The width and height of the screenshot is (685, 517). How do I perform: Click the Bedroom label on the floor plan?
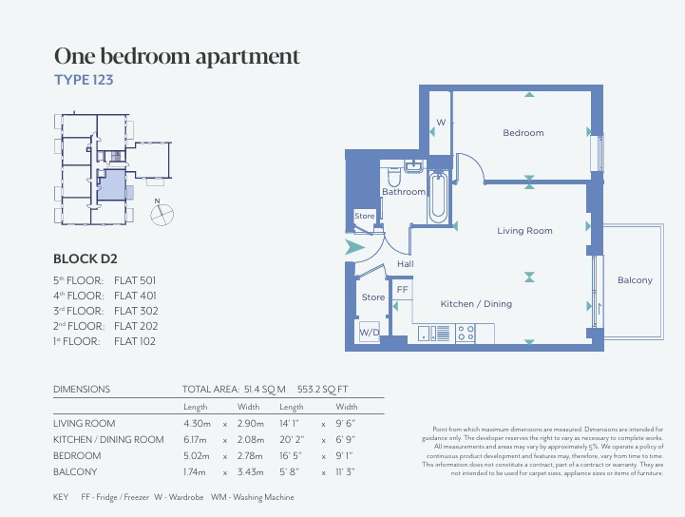click(x=523, y=133)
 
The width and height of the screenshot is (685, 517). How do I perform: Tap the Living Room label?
click(x=524, y=231)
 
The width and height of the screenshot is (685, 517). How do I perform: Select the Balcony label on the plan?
click(x=635, y=280)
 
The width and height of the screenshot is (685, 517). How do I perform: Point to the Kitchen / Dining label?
click(x=476, y=304)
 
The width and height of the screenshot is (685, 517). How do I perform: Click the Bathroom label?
click(x=403, y=191)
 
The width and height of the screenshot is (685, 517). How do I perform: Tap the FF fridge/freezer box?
click(x=402, y=290)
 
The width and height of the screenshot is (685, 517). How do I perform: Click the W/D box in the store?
click(x=370, y=332)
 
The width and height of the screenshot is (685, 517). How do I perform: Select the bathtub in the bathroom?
click(x=438, y=198)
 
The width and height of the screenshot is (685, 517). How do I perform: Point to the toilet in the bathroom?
click(x=394, y=177)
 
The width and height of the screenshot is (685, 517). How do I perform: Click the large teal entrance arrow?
click(x=353, y=247)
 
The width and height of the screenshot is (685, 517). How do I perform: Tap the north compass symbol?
click(x=162, y=213)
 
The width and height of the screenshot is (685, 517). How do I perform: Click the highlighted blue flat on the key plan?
click(x=112, y=185)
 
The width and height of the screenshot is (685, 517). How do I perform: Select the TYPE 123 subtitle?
click(x=84, y=80)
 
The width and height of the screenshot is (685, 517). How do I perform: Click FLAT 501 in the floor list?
click(x=135, y=280)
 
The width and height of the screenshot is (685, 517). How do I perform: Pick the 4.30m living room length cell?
click(x=197, y=424)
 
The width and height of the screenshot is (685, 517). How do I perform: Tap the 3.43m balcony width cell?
click(x=250, y=472)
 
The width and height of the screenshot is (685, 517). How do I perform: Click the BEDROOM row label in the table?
click(x=77, y=456)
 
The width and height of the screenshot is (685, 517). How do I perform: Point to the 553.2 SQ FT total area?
click(x=322, y=390)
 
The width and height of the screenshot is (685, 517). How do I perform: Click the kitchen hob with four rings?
click(x=466, y=333)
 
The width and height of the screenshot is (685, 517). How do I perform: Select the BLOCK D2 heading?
click(x=86, y=258)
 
